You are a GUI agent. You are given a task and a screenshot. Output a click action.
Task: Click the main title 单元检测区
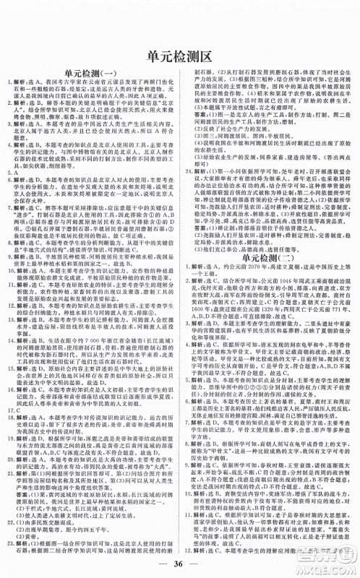click(179, 56)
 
